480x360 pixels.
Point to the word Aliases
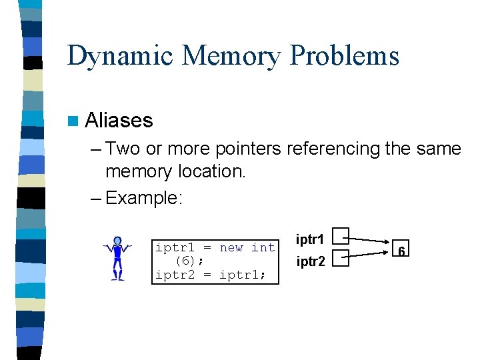(x=119, y=121)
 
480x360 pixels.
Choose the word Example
(x=143, y=198)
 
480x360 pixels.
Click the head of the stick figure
(x=117, y=241)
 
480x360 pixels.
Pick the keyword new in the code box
(x=231, y=247)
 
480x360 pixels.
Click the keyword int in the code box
(x=263, y=247)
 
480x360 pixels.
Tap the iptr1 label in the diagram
(x=310, y=239)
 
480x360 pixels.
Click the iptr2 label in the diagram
(x=311, y=262)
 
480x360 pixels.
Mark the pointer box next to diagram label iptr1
(x=341, y=235)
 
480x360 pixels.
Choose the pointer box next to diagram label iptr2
(x=341, y=258)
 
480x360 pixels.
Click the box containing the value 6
(x=401, y=251)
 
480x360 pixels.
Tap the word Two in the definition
(x=120, y=149)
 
